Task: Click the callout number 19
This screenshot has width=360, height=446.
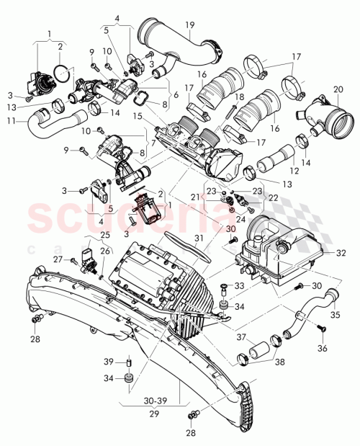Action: click(189, 25)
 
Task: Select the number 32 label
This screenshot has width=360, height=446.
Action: click(341, 253)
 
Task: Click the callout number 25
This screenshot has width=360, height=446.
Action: click(105, 235)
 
